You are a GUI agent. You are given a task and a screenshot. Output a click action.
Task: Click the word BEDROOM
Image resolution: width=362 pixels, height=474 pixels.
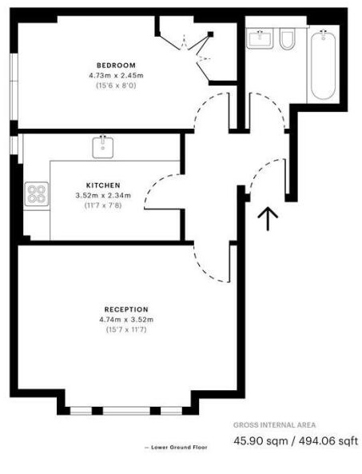(116, 65)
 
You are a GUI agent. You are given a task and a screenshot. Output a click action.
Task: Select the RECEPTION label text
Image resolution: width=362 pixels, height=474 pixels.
(125, 309)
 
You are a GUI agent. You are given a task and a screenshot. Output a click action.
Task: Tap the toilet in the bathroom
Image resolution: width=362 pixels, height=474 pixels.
(288, 39)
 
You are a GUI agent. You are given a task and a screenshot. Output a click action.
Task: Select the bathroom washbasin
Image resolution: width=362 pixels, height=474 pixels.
(260, 38)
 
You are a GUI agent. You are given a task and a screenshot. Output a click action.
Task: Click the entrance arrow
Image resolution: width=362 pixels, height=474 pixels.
(269, 217)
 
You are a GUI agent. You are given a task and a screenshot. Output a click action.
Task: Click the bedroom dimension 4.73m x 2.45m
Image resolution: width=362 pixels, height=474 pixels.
(116, 75)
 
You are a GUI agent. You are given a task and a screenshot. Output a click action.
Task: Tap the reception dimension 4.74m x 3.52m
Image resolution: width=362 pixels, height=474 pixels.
(125, 320)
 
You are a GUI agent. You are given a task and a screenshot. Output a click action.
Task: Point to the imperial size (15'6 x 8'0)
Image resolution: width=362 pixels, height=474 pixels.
(116, 85)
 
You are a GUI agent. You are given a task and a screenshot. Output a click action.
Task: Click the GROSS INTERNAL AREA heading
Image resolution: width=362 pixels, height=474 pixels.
(274, 424)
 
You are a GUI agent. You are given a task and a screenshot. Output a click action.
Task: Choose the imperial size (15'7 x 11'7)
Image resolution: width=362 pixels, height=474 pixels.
(125, 329)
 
